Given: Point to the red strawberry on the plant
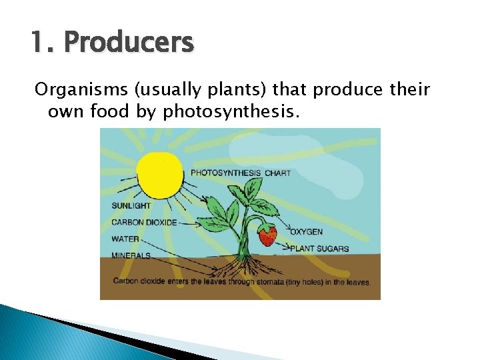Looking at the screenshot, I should (267, 235).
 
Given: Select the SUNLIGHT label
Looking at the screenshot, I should (131, 206).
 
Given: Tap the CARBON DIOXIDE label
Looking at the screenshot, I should (144, 223).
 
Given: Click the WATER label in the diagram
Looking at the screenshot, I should (125, 239).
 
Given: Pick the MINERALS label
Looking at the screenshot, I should (131, 255).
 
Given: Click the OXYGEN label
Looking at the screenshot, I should (306, 232).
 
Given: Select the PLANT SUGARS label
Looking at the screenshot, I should (319, 249).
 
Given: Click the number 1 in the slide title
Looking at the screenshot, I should (37, 43).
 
